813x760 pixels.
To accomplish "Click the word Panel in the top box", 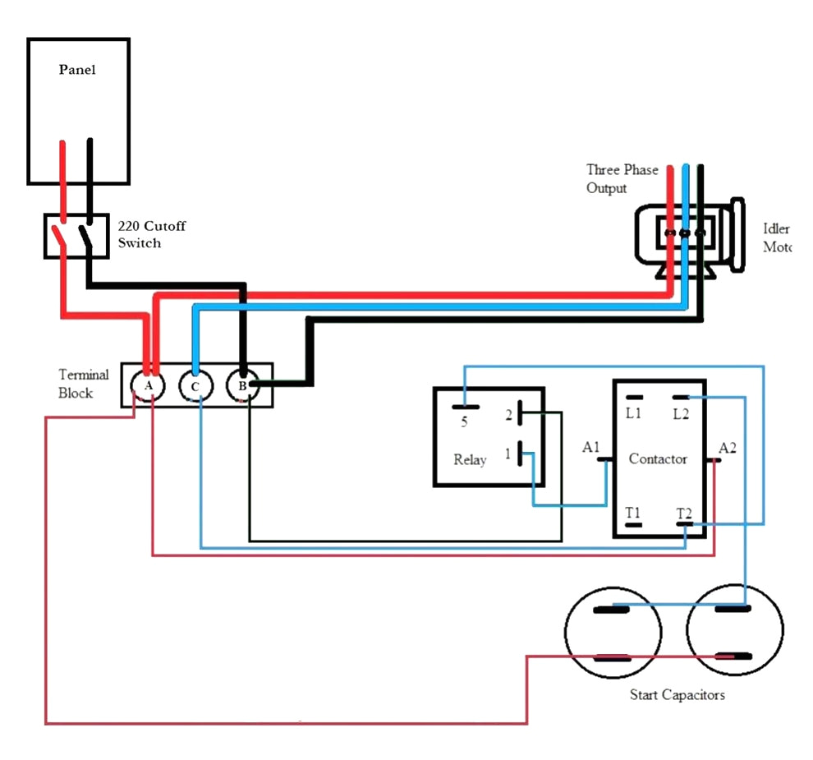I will tap(77, 70).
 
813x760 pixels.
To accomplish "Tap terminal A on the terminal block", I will tap(148, 385).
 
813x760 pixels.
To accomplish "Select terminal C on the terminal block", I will tap(195, 385).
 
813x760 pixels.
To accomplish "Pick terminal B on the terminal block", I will tap(242, 385).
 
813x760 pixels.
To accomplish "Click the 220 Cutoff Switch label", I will tap(151, 234).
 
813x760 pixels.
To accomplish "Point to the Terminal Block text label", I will tap(83, 384).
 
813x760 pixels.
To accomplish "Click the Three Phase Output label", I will tap(622, 178).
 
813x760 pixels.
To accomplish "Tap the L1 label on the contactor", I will tap(633, 413).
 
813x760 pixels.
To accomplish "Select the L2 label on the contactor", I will tap(681, 413).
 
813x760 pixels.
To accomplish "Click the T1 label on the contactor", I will tap(632, 514).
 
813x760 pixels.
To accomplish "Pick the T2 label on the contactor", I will tap(683, 514).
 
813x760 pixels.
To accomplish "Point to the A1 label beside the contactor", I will tap(591, 447).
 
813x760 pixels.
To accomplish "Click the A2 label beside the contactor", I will tap(728, 448).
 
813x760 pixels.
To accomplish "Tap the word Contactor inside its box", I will tap(657, 458).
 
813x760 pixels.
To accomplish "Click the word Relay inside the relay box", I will tap(470, 459).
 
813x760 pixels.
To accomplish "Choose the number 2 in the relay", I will tap(508, 415).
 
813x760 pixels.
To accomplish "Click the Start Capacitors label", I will tap(677, 694).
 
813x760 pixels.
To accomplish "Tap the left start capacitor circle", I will tap(613, 633).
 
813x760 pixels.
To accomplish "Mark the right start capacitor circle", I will tap(733, 633).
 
